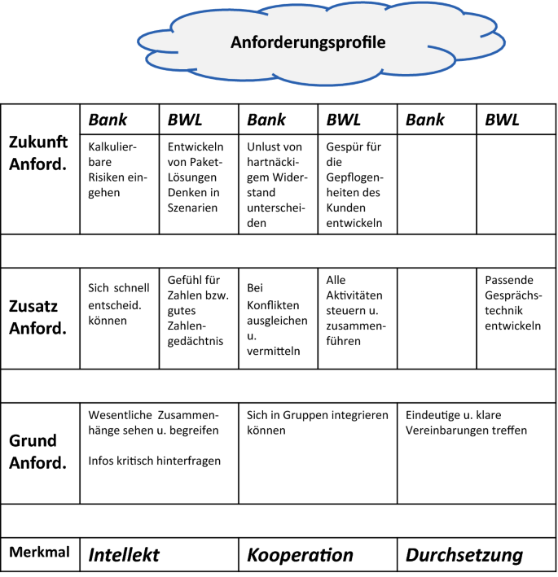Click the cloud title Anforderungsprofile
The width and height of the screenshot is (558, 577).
pos(307,42)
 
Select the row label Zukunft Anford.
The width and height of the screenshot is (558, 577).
pos(40,151)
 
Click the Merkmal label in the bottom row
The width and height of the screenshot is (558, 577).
pos(37,553)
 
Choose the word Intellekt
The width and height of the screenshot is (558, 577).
pos(124,555)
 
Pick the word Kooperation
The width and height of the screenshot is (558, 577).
pos(301,555)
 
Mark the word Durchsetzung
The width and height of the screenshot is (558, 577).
pos(464,555)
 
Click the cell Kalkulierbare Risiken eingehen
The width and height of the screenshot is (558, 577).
pos(114,170)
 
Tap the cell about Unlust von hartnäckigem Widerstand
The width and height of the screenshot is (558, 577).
pos(276,186)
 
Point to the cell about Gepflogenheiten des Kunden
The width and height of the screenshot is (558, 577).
pos(354,186)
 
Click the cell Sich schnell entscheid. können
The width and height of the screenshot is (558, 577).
pos(119,304)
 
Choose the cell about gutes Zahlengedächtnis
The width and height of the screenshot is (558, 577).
pos(196,311)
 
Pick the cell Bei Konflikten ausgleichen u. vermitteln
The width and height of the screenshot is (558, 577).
pos(276,320)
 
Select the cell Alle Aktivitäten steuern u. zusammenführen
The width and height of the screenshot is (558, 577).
pos(354,311)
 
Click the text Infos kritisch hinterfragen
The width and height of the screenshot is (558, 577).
pos(155,461)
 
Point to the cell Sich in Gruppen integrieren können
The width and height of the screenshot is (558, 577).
pos(318,422)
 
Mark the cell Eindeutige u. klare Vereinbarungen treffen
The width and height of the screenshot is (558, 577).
pos(467,422)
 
